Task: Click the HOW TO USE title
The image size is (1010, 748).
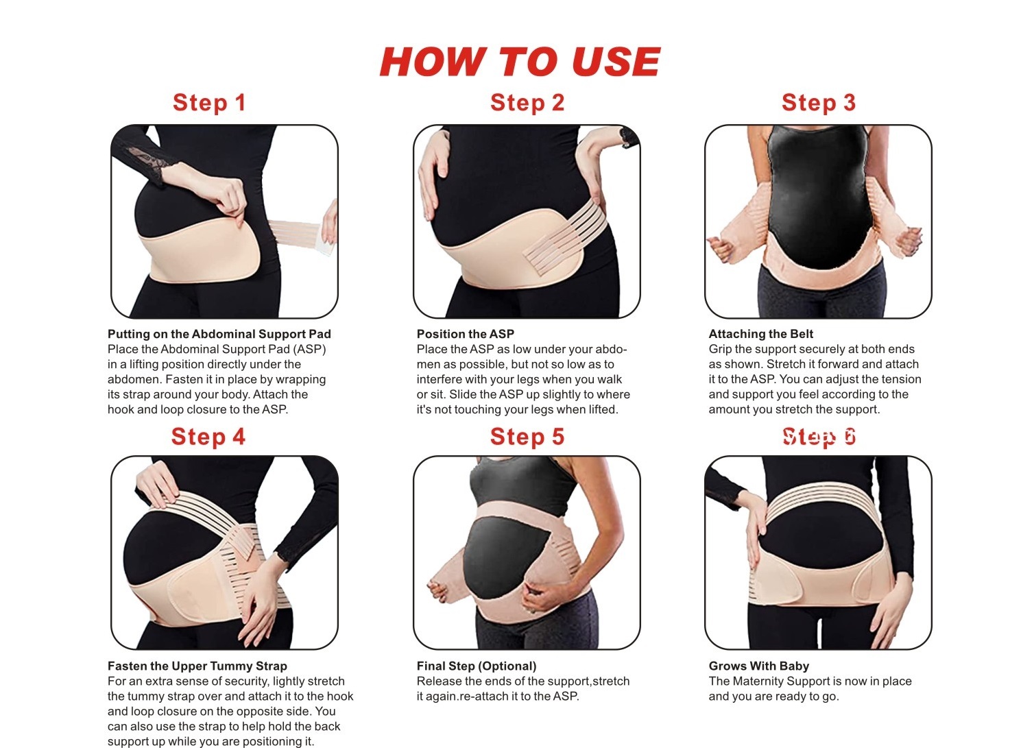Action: tap(520, 62)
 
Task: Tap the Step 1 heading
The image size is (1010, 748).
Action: tap(209, 102)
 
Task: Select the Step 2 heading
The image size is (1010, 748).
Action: tap(527, 102)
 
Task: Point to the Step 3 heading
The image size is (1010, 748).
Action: tap(818, 102)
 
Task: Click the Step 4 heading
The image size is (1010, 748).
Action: tap(208, 437)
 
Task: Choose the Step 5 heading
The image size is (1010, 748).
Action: tap(527, 437)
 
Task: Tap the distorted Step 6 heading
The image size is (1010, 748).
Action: tap(819, 437)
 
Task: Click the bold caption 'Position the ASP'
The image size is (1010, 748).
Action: tap(465, 334)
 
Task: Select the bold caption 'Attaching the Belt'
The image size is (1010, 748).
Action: tap(760, 334)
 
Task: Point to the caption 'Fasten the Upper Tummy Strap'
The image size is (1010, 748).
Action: tap(197, 666)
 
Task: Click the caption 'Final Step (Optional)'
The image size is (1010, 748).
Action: tap(477, 666)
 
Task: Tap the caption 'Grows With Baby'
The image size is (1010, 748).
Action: tap(758, 666)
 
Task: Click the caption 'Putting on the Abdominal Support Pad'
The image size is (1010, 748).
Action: tap(219, 334)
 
